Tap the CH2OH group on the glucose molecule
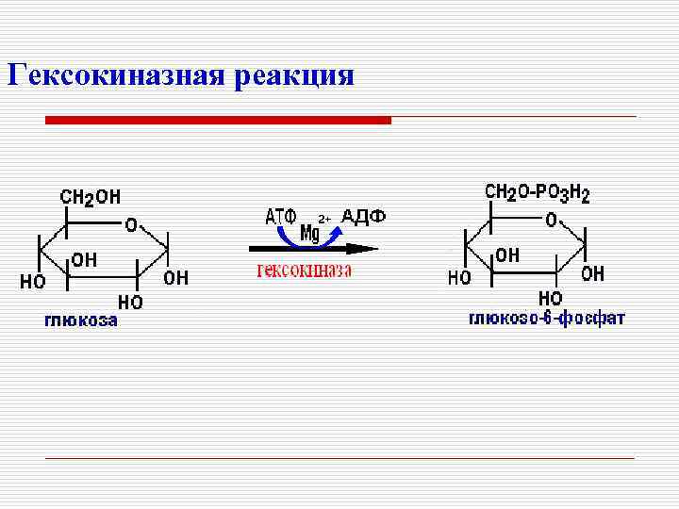[91, 197]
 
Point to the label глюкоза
[82, 320]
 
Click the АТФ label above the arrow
[280, 217]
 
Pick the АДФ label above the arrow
[363, 217]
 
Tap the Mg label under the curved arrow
[309, 232]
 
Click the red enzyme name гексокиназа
[305, 271]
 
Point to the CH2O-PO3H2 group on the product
[537, 194]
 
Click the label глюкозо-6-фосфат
[546, 319]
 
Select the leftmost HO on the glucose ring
[32, 281]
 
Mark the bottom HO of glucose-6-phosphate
[550, 297]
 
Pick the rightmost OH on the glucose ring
[175, 278]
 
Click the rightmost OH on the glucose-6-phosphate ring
[592, 274]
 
